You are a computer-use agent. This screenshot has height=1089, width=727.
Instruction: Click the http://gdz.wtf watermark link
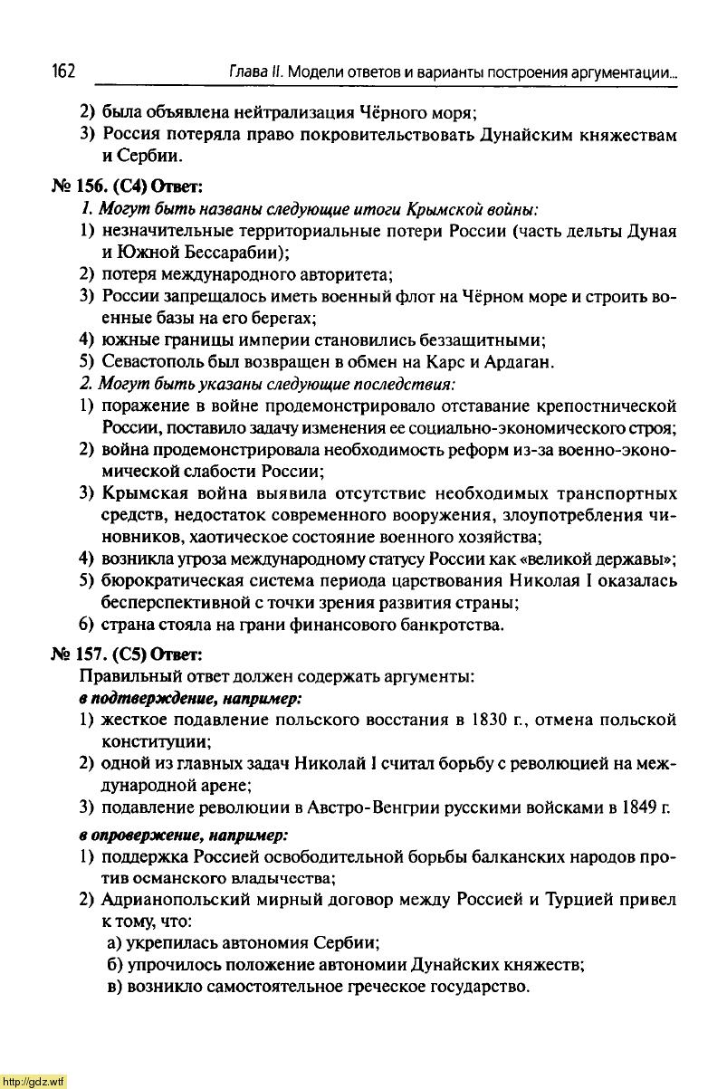33,1081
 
